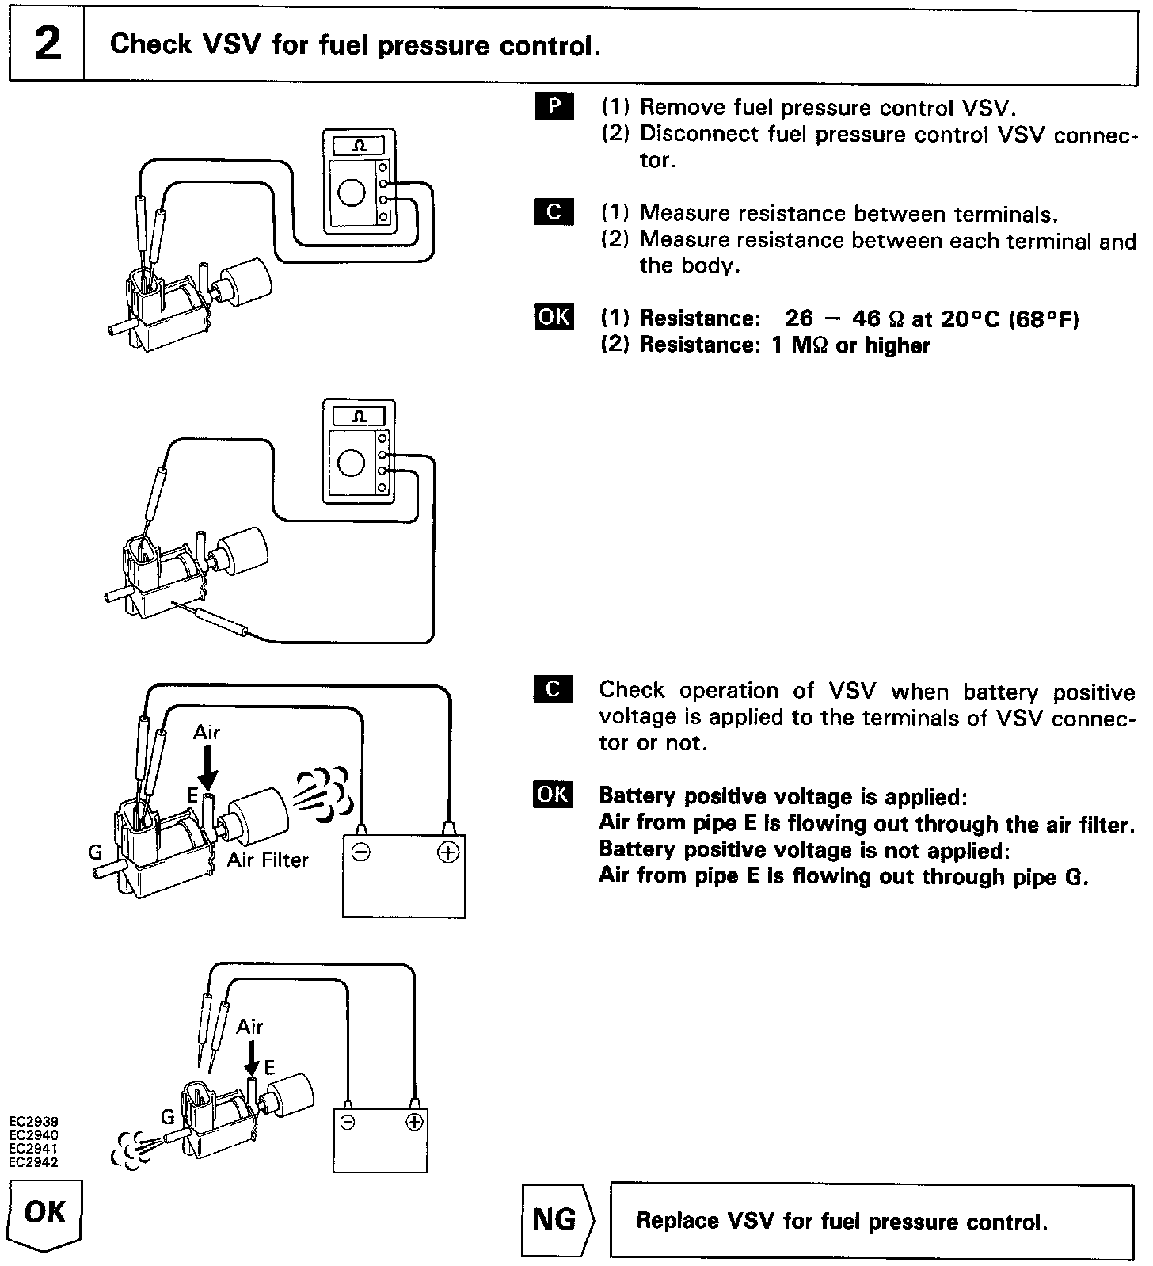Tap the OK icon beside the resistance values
click(554, 316)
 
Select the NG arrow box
click(557, 1220)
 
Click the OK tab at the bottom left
click(46, 1213)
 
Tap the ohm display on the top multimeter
click(359, 147)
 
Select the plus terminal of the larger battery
click(447, 852)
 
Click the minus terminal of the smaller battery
click(347, 1123)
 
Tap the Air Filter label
click(268, 860)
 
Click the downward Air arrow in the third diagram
click(208, 766)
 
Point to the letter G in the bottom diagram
click(167, 1118)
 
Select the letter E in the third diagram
click(192, 795)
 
